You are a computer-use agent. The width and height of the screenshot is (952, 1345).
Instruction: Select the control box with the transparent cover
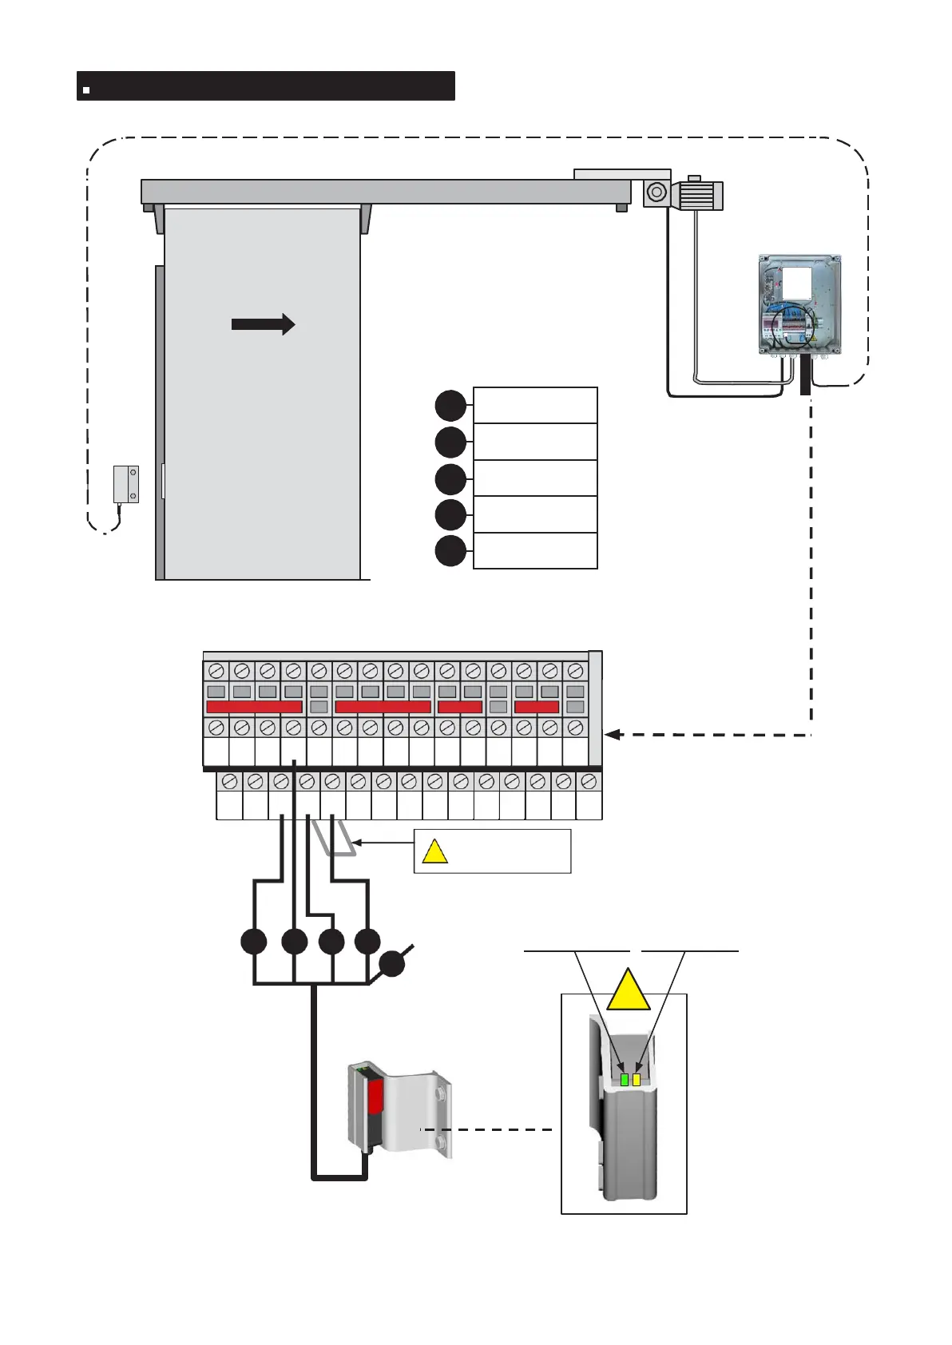[799, 304]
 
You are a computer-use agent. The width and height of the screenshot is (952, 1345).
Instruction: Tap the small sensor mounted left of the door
[125, 484]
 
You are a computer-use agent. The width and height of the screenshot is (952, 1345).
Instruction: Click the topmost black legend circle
[450, 406]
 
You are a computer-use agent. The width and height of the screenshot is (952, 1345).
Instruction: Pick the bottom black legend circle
[450, 551]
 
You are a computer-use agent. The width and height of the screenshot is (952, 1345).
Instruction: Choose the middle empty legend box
[535, 478]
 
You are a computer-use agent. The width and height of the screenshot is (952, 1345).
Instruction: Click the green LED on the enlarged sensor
[625, 1080]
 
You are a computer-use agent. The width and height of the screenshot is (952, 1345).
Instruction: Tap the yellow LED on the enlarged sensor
[637, 1080]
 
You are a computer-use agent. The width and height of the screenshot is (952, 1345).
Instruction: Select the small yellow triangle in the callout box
[434, 853]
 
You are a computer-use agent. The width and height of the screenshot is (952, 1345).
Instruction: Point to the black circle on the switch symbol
[391, 964]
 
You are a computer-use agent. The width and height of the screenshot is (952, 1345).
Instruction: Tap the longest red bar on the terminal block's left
[254, 707]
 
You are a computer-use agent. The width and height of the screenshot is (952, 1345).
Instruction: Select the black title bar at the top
[266, 85]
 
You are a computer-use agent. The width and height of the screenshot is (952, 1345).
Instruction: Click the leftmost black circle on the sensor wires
[254, 942]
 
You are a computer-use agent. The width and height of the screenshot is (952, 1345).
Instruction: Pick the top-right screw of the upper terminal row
[574, 671]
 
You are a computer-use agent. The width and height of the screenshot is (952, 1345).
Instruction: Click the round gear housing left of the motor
[656, 192]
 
